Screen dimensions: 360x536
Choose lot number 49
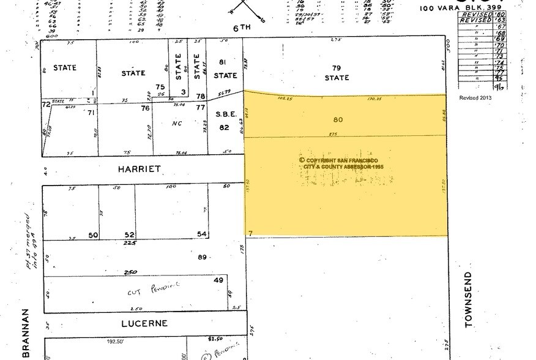(x=218, y=280)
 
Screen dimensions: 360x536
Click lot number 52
(x=130, y=234)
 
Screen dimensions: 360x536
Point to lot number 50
(x=94, y=234)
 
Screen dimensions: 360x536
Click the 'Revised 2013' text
(x=475, y=97)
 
